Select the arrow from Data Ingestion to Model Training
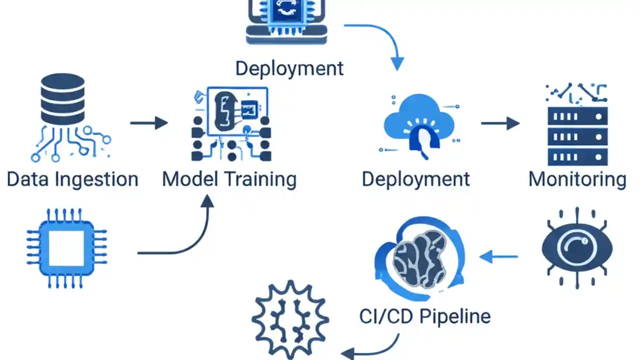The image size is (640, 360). tap(149, 123)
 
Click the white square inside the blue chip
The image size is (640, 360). tap(66, 248)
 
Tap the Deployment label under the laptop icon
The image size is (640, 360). tap(289, 68)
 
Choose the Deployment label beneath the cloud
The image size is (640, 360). tap(416, 179)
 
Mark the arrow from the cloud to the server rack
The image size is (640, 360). tap(500, 123)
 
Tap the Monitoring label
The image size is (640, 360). tap(577, 179)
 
